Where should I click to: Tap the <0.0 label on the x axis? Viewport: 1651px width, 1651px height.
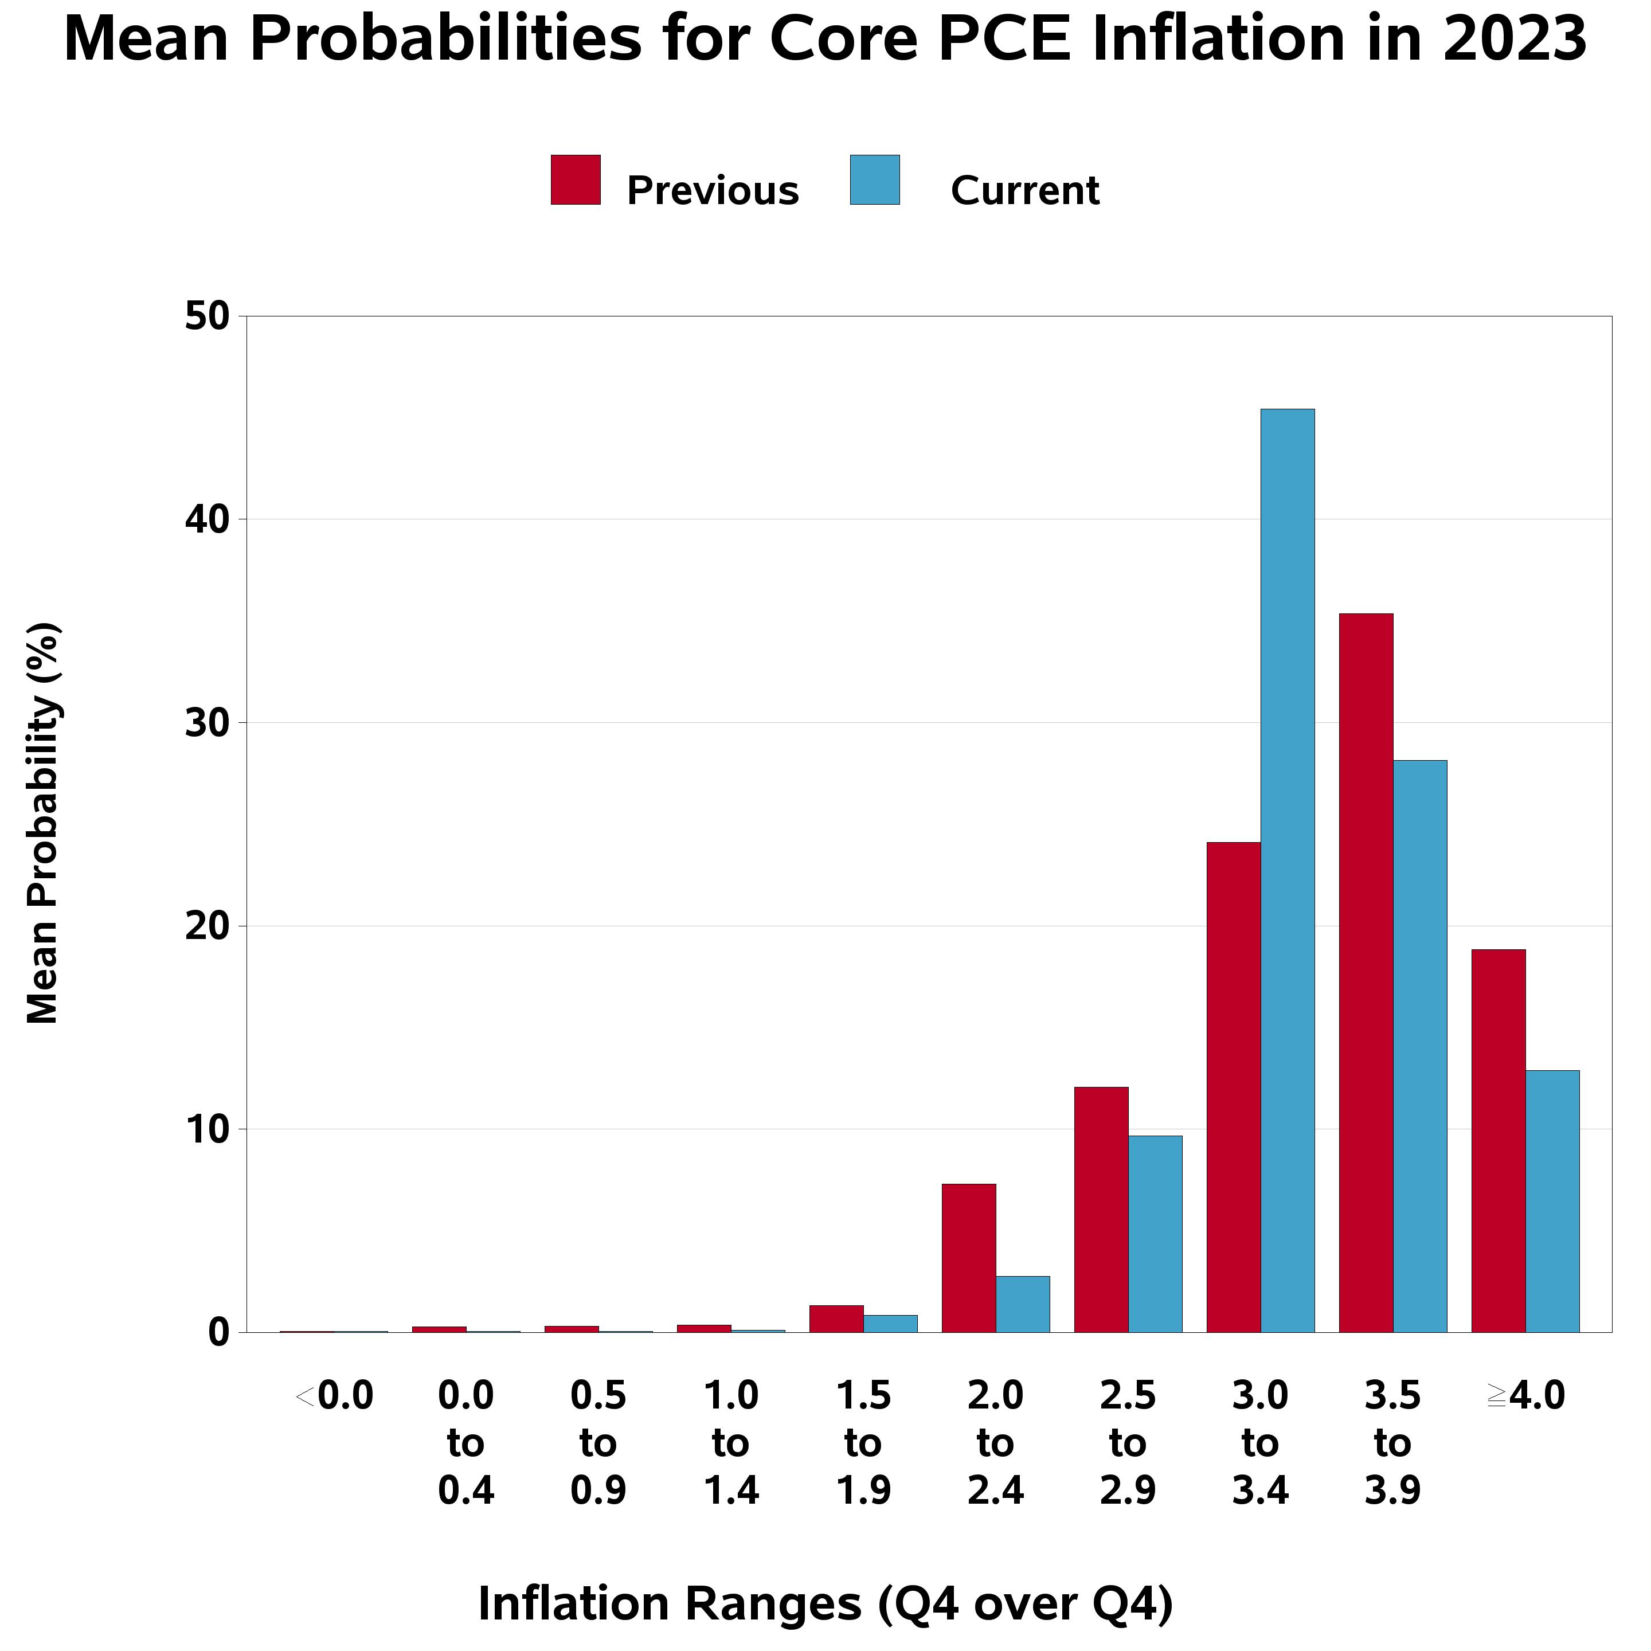334,1396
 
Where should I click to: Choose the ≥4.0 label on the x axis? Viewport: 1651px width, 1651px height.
1525,1396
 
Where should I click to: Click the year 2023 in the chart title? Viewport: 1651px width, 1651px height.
1514,40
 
